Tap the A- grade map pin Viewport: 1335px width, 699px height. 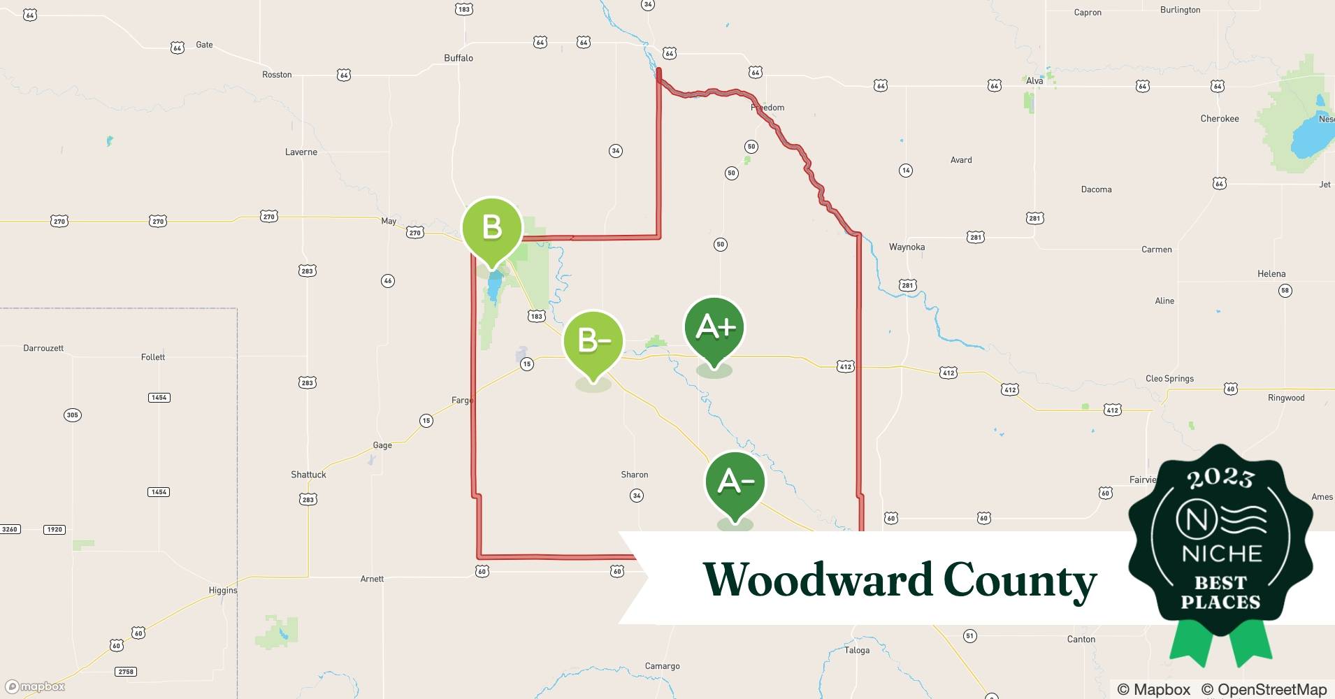pos(735,482)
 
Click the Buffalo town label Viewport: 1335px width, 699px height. pos(459,58)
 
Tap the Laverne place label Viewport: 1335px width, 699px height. pos(301,152)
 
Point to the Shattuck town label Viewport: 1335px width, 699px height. pos(308,475)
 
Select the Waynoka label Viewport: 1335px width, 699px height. pos(907,247)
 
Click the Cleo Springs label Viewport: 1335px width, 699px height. pos(1169,379)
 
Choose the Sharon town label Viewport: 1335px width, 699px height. pos(634,475)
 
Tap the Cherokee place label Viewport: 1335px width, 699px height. pos(1220,119)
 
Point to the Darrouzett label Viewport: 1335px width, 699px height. pos(43,348)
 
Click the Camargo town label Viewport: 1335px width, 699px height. pos(662,666)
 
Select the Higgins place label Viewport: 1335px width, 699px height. pos(223,591)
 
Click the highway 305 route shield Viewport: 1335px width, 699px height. pos(72,415)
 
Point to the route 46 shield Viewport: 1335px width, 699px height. pos(388,281)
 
